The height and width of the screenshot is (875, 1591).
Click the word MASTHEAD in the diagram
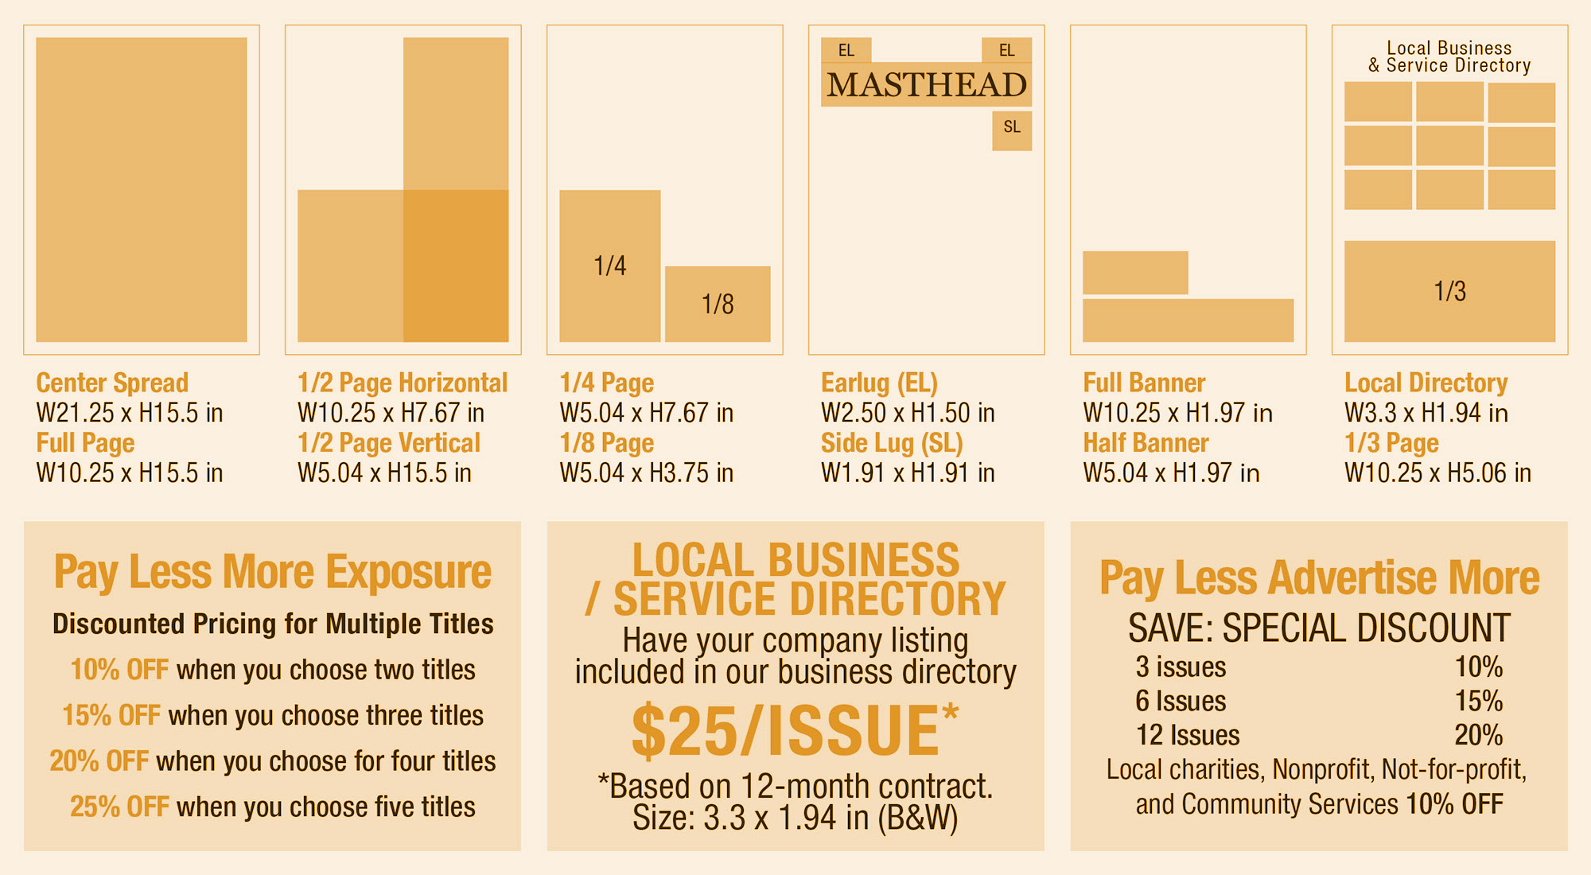coord(926,85)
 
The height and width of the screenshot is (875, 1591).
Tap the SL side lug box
coord(1011,130)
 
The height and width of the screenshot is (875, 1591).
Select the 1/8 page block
coord(718,304)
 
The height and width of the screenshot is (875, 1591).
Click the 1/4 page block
coord(610,266)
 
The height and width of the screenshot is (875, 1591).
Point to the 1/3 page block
coord(1449,291)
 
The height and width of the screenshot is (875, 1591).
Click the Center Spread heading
coord(112,383)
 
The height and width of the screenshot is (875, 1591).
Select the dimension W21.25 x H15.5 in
coord(130,413)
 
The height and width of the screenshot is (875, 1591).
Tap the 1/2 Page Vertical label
coord(389,443)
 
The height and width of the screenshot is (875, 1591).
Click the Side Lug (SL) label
coord(892,443)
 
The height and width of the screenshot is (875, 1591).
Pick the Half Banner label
coord(1146,443)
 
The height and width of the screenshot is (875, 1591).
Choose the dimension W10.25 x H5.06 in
coord(1437,473)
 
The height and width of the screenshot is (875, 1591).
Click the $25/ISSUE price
coord(785,731)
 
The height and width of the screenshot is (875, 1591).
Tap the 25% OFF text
coord(119,807)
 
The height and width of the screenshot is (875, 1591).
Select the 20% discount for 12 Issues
coord(1478,735)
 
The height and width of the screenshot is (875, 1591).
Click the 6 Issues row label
coord(1181,701)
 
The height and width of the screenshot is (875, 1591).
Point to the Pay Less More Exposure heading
coord(272,572)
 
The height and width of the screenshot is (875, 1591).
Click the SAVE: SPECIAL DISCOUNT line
coord(1319,628)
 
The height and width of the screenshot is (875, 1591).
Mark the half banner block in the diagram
coord(1135,273)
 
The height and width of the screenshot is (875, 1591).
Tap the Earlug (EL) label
coord(879,383)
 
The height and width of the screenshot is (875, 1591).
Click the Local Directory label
coord(1426,383)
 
